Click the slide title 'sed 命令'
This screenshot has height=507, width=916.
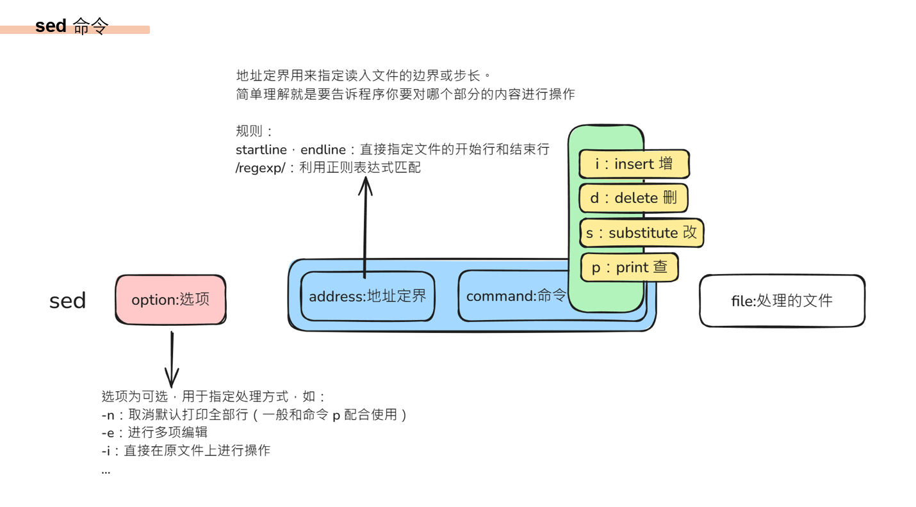click(72, 26)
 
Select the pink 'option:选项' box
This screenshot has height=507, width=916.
click(170, 299)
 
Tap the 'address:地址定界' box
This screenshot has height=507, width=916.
click(367, 296)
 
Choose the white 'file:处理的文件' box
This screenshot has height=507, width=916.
click(781, 300)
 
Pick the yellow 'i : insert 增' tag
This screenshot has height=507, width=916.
click(634, 164)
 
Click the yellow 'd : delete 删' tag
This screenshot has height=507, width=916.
click(633, 198)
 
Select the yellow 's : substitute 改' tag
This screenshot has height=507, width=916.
click(641, 232)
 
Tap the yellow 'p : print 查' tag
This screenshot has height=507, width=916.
click(629, 267)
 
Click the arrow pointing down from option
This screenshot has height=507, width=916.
click(172, 358)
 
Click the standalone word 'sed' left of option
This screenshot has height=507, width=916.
click(67, 301)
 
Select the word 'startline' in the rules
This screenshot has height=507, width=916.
click(261, 150)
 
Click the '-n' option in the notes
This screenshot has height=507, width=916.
click(108, 415)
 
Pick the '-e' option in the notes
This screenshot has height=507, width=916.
click(108, 433)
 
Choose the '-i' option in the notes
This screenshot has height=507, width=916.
click(106, 451)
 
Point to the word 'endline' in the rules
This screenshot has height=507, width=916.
click(323, 150)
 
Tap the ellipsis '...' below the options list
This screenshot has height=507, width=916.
click(106, 471)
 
